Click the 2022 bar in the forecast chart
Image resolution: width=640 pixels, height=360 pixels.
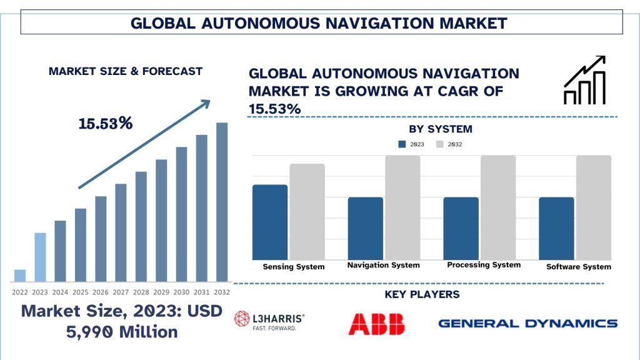click(20, 276)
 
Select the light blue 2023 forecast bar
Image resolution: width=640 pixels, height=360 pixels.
click(40, 257)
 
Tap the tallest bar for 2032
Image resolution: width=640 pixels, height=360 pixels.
click(222, 202)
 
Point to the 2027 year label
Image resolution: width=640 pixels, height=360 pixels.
click(121, 292)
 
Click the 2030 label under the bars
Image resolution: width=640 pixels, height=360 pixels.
click(181, 292)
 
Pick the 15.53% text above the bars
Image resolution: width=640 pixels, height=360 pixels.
click(106, 123)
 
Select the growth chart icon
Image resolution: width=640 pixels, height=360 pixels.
click(584, 80)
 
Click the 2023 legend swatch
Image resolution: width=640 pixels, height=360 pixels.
click(402, 144)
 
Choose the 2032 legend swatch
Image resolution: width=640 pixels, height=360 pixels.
click(440, 144)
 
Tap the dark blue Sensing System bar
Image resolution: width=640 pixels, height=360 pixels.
click(270, 222)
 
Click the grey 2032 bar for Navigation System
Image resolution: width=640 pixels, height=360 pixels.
click(402, 207)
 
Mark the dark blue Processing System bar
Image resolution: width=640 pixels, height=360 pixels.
click(461, 228)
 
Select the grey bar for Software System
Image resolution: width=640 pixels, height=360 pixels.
click(593, 207)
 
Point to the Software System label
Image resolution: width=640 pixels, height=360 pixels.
click(578, 267)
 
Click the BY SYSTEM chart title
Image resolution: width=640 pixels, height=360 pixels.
click(441, 129)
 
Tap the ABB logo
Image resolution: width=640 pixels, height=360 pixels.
click(376, 323)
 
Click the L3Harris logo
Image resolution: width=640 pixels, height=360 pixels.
click(269, 321)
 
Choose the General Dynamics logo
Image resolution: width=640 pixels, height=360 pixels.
click(527, 323)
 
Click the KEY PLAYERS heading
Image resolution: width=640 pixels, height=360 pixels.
click(422, 294)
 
